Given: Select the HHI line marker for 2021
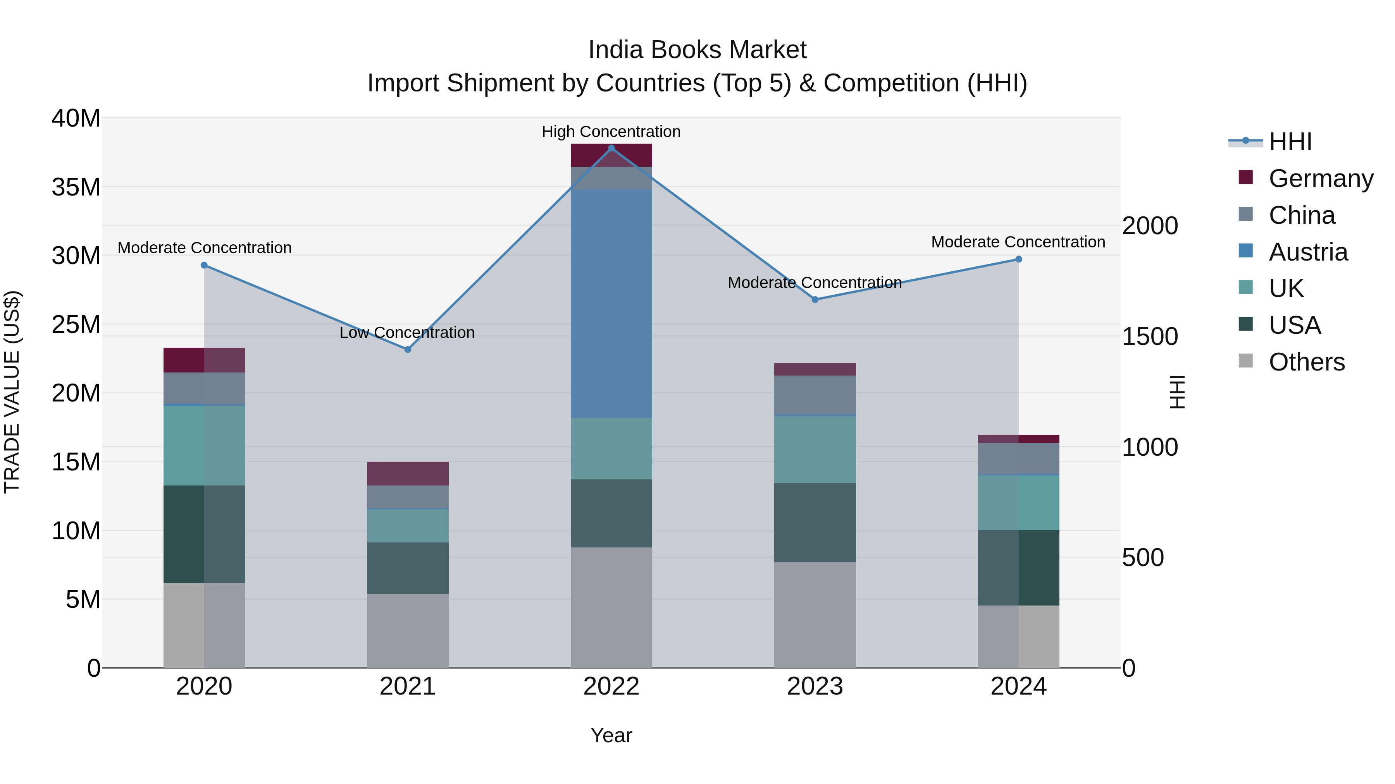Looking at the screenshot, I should (x=408, y=350).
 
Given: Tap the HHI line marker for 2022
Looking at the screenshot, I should (x=611, y=148).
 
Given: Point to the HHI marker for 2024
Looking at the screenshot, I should (x=1019, y=259).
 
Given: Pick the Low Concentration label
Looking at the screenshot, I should (x=407, y=332).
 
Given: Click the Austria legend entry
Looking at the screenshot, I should (x=1308, y=252).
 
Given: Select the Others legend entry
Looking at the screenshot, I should (x=1306, y=362).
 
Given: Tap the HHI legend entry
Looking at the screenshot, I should (x=1290, y=142).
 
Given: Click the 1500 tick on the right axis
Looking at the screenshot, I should (x=1150, y=336).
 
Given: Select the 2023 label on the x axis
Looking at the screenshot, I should (x=815, y=686).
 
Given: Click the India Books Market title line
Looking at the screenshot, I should (x=697, y=50).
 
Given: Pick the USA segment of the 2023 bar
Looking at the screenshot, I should (x=815, y=522).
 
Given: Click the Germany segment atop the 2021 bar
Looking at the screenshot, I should (x=408, y=473).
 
